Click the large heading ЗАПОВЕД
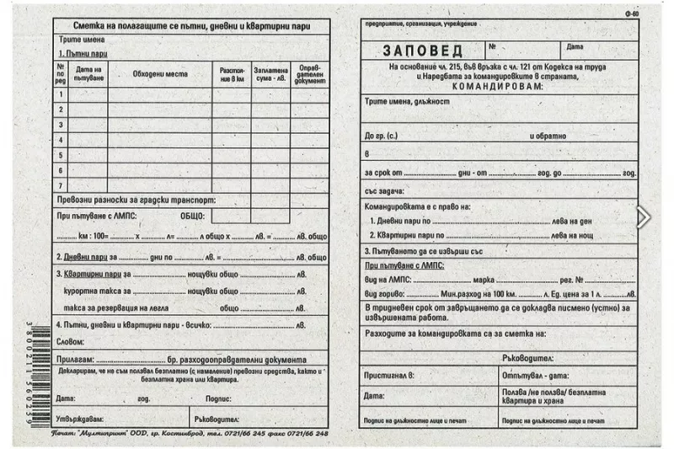(422, 51)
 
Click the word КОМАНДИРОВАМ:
(499, 86)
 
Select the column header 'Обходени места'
(160, 73)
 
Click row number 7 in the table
(61, 184)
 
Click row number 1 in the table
(61, 94)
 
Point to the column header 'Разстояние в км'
(232, 73)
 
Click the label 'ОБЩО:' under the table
(192, 216)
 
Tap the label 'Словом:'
(71, 342)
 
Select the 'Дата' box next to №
(575, 46)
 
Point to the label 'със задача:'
(384, 190)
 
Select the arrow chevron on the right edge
(643, 217)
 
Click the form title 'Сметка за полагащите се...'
(191, 26)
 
